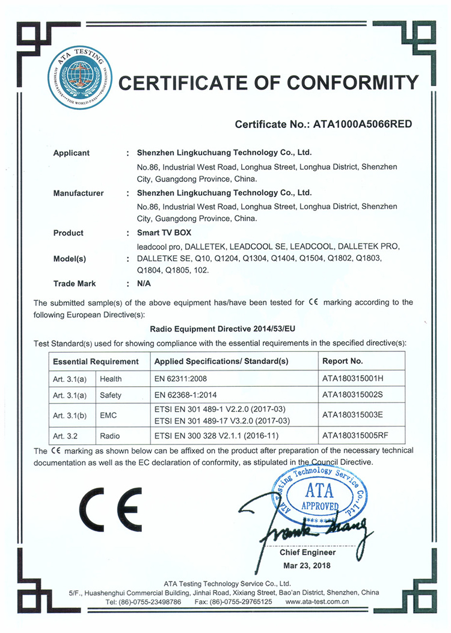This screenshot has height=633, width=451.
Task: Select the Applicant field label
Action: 72,153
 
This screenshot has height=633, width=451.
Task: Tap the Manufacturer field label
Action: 78,193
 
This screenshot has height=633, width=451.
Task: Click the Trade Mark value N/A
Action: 144,283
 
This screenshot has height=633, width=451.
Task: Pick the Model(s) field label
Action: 70,259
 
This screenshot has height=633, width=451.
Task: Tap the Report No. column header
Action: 343,362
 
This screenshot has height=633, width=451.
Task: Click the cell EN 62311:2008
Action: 184,379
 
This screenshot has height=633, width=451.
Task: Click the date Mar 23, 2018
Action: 307,565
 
